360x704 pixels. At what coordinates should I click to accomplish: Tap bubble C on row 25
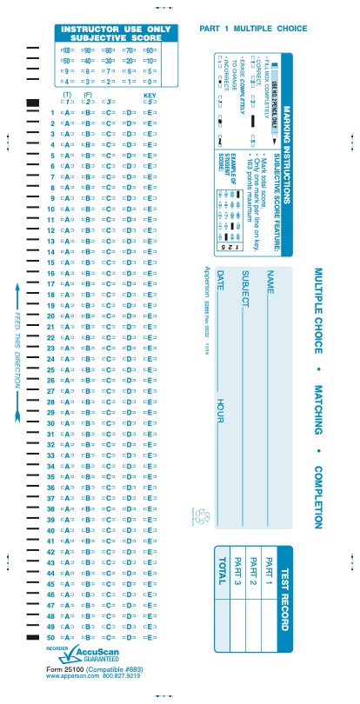(x=107, y=369)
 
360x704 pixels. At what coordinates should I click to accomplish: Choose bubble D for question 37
(x=129, y=498)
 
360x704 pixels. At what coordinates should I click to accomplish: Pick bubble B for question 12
(x=86, y=230)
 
